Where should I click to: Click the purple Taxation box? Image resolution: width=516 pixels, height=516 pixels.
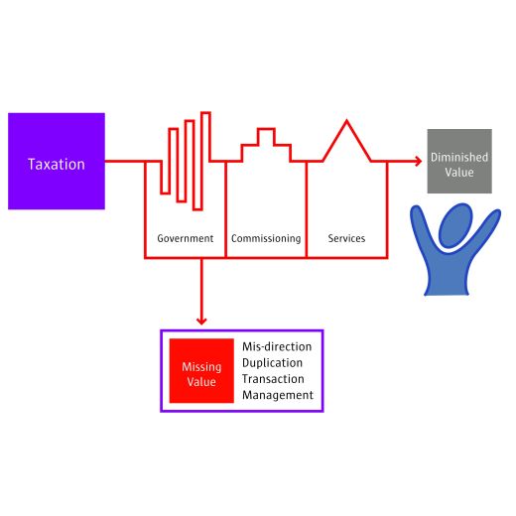point(57,161)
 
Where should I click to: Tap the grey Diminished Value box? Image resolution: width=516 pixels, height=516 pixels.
point(459,161)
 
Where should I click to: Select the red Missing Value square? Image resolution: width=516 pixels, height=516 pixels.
point(201,371)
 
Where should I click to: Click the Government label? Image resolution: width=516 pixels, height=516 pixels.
point(186,238)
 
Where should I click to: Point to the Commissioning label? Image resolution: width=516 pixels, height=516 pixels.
point(266,238)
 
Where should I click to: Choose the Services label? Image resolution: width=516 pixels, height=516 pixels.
point(346,238)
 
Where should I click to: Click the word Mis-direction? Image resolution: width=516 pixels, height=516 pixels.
point(277,346)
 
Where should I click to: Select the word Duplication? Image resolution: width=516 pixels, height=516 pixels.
point(272,362)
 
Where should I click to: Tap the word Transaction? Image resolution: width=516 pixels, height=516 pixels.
point(273,379)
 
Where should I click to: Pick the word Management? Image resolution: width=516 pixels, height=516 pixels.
point(278,395)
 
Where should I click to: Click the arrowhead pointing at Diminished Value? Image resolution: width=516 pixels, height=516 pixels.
point(419,161)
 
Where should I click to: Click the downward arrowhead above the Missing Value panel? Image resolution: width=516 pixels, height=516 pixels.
point(201,321)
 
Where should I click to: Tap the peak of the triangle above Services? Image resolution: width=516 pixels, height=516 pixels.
point(346,121)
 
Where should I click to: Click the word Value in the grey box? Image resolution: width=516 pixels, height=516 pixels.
point(459,172)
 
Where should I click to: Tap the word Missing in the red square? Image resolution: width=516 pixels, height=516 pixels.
point(201,367)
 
